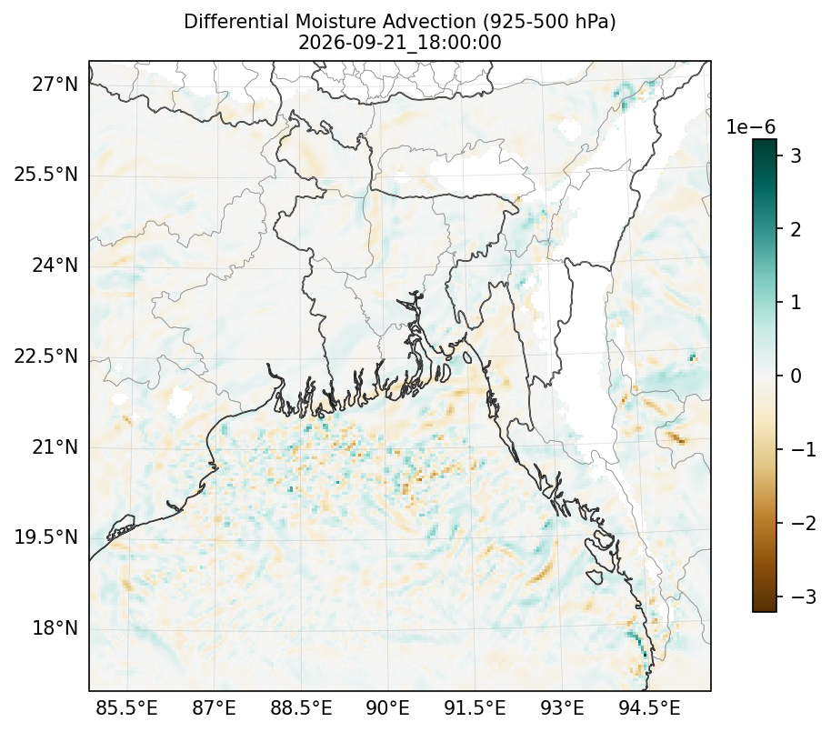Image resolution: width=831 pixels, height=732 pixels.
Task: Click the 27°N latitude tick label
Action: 55,84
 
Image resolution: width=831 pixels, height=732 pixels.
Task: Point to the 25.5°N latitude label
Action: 46,175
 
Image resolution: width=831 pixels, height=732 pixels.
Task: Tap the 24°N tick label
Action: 55,265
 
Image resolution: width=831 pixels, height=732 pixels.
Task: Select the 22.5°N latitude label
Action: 46,356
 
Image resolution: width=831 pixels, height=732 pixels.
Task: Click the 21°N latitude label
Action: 55,446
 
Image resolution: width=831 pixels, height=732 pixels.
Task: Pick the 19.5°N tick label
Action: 46,536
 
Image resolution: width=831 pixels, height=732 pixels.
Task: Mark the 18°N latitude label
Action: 55,628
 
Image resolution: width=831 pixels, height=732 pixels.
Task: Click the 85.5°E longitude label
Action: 126,708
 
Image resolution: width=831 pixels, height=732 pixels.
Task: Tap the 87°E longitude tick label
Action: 214,708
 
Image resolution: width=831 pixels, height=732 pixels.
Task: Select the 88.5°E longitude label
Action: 301,708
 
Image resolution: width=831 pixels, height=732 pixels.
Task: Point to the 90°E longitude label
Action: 388,708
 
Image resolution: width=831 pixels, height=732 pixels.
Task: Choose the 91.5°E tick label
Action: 475,708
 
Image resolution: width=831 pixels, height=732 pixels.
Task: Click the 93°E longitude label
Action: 562,708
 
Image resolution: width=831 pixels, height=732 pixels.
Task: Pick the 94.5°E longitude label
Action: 649,708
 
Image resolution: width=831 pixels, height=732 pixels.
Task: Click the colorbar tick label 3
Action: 796,155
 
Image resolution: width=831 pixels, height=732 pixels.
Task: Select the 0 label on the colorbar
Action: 796,376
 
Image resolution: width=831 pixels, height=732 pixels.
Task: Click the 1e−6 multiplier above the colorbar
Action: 750,127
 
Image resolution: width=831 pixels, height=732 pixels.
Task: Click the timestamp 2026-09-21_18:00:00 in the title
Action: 400,43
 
